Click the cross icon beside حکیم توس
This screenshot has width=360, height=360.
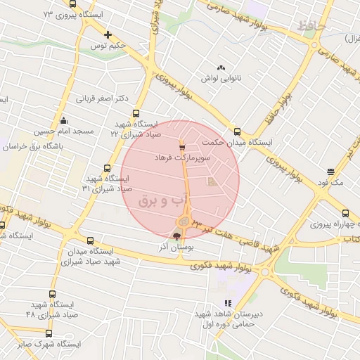pyautogui.click(x=108, y=34)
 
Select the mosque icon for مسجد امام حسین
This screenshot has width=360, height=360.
pyautogui.click(x=64, y=120)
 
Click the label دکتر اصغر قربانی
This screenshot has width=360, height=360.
pyautogui.click(x=103, y=98)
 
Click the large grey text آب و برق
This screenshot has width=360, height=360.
pyautogui.click(x=166, y=200)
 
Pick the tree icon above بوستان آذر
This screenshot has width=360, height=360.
pyautogui.click(x=176, y=236)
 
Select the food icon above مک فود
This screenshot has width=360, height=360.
pyautogui.click(x=330, y=171)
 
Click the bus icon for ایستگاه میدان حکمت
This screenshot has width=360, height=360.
pyautogui.click(x=237, y=131)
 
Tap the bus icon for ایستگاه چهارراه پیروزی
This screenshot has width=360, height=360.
pyautogui.click(x=345, y=213)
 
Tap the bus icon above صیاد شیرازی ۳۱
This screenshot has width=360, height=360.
pyautogui.click(x=107, y=168)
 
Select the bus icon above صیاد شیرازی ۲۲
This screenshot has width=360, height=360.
pyautogui.click(x=136, y=112)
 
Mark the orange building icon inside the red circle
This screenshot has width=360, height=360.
pyautogui.click(x=212, y=183)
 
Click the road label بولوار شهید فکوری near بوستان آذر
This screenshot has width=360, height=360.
pyautogui.click(x=214, y=262)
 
